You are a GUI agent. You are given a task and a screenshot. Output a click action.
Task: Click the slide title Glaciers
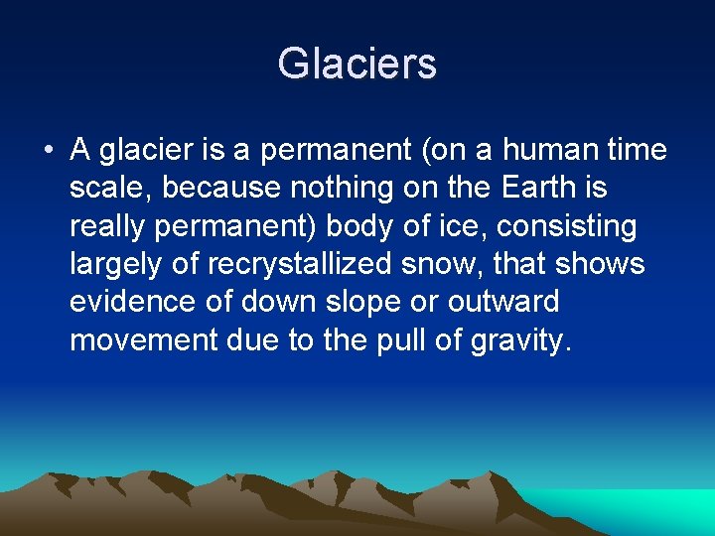point(357,64)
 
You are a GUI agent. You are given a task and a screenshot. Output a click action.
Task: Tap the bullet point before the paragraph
point(48,152)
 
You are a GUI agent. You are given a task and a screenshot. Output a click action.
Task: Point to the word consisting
point(567,227)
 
